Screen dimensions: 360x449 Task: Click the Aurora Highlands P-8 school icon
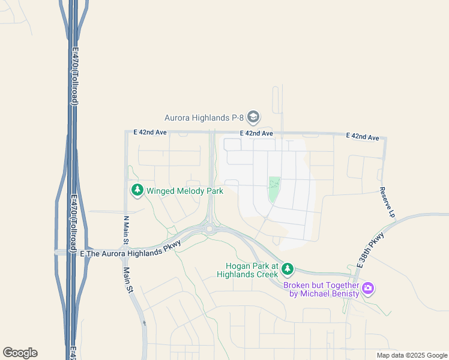pos(253,116)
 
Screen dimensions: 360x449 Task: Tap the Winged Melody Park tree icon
pos(137,191)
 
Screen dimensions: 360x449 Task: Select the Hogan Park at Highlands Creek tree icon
pos(288,268)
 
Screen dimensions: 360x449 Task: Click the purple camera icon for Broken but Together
pos(368,289)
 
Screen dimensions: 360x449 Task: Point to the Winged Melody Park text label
pos(185,191)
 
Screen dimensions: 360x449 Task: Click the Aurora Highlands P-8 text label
pos(204,117)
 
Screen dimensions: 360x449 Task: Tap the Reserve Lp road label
pos(388,202)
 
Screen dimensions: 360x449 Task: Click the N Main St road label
pos(126,230)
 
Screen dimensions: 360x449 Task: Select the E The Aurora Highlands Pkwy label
pos(124,253)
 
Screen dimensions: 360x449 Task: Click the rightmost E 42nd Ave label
pos(363,137)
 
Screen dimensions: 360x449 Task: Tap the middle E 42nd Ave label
pos(256,133)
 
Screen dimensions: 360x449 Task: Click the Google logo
pos(20,353)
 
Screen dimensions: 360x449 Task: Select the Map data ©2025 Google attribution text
pos(412,355)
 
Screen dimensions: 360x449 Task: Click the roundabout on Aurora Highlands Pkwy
pos(209,228)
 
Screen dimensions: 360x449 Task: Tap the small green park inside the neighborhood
pos(274,190)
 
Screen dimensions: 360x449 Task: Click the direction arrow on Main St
pos(144,323)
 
